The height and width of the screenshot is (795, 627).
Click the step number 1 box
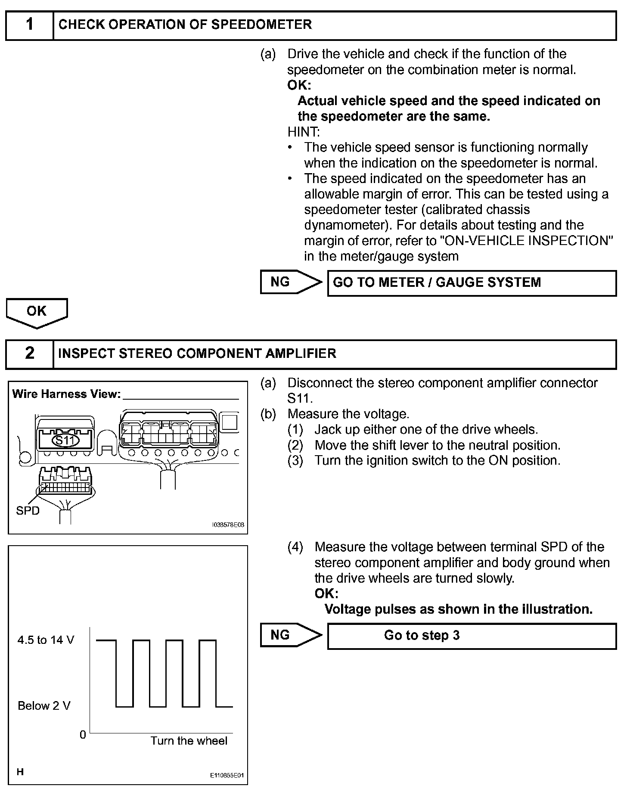[x=29, y=25]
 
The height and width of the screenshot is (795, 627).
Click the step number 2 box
[x=29, y=354]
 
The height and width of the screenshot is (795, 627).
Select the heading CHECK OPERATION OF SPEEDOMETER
[x=185, y=25]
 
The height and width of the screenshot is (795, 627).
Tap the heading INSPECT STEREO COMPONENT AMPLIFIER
[x=197, y=354]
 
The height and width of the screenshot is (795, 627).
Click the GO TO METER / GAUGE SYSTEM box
[x=472, y=283]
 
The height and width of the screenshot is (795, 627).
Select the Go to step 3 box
[x=472, y=636]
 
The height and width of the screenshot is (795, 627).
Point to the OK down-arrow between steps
[x=37, y=313]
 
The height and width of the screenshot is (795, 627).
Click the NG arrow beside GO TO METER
[x=291, y=282]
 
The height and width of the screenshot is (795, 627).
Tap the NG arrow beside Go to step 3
[x=291, y=635]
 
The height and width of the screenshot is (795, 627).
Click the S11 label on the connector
[x=65, y=440]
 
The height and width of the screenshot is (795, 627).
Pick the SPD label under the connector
[x=28, y=511]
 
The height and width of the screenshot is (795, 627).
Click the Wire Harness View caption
[x=66, y=394]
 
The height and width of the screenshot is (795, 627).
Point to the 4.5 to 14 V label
[x=46, y=640]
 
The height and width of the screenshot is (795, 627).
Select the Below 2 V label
[x=44, y=706]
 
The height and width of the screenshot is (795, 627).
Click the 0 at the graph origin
[x=83, y=735]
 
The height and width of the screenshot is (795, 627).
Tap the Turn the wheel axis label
[x=189, y=741]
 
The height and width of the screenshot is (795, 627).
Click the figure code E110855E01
[x=227, y=776]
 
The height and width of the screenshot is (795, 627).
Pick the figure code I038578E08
[x=228, y=525]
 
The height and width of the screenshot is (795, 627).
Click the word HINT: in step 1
[x=304, y=132]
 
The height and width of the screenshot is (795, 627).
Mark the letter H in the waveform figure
[x=20, y=772]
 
